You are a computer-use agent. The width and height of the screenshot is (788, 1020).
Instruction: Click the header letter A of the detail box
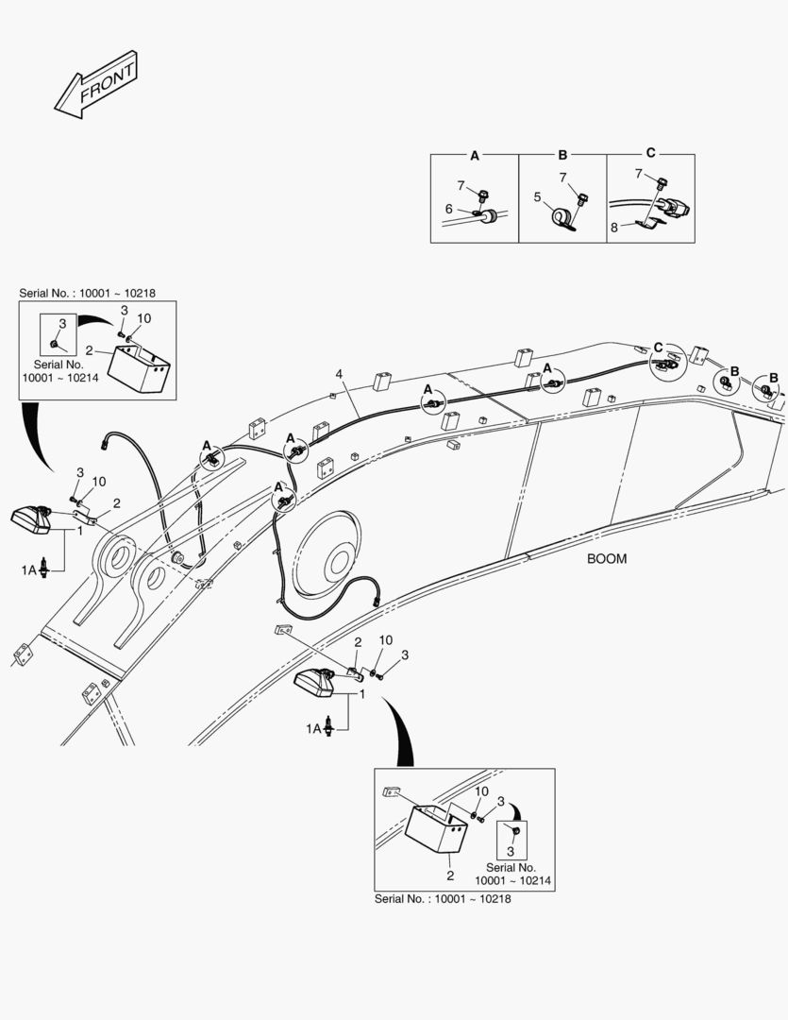tap(475, 153)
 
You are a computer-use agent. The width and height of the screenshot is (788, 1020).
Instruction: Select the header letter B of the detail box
tap(562, 153)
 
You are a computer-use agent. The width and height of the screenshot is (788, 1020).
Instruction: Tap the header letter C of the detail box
tap(650, 153)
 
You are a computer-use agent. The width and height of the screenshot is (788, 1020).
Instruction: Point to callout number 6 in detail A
tap(449, 210)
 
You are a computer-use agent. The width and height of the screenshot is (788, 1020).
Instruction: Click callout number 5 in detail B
tap(537, 198)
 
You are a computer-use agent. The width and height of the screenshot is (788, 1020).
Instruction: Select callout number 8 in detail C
tap(613, 227)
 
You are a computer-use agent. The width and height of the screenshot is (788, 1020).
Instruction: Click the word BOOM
tap(606, 558)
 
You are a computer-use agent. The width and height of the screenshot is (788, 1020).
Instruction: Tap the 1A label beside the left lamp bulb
tap(28, 569)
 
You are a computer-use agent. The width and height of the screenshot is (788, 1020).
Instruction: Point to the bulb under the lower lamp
tap(330, 726)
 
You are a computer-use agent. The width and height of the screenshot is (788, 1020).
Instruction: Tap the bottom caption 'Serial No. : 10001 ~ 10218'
tap(444, 897)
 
